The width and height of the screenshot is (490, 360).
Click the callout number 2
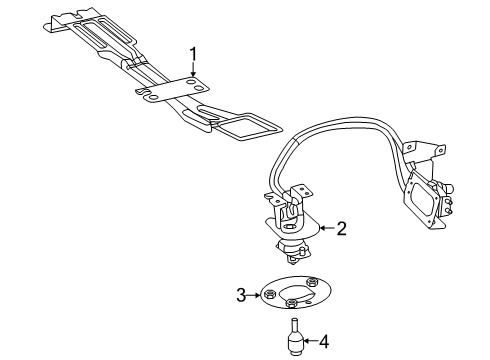coord(313,229)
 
